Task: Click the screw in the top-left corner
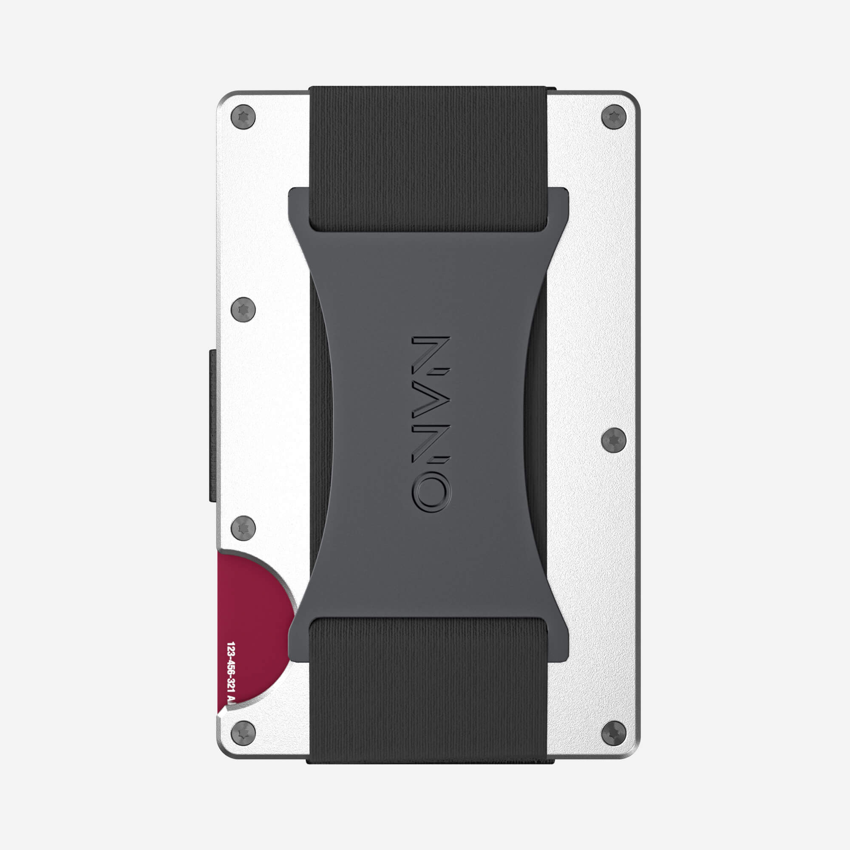(x=243, y=117)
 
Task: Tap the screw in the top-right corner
(x=613, y=117)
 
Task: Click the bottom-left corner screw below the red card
(x=243, y=734)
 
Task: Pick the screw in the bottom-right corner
(x=613, y=734)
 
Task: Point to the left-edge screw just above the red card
(x=243, y=528)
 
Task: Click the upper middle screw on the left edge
(x=243, y=309)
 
